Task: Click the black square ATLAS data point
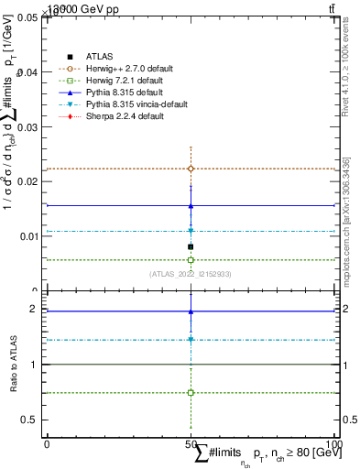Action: click(191, 246)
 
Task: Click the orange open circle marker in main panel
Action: click(191, 169)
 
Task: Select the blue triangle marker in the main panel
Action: click(191, 206)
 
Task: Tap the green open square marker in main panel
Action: click(191, 260)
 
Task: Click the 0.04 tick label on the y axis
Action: click(29, 72)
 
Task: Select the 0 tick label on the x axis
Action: click(46, 444)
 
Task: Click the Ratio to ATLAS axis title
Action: click(12, 365)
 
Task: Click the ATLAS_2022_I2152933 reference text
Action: click(191, 274)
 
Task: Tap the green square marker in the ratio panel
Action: click(191, 392)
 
